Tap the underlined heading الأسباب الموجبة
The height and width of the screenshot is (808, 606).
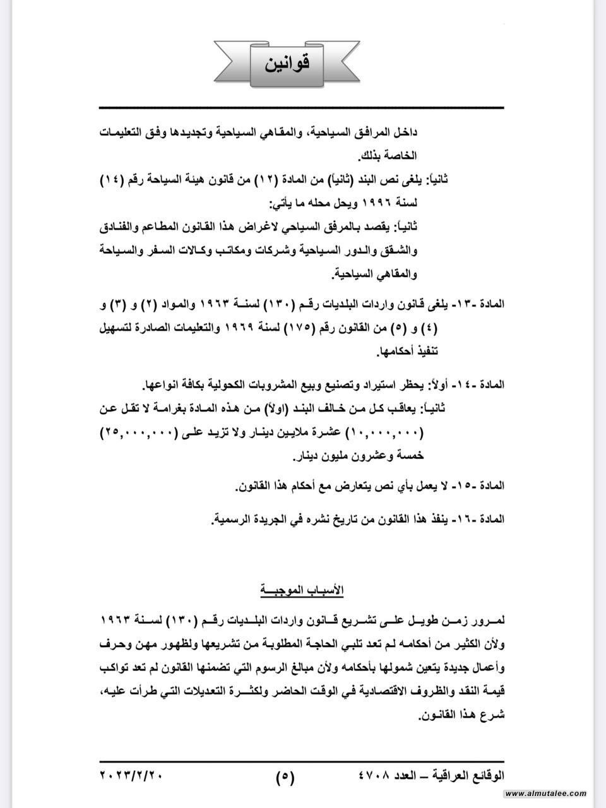[x=302, y=590]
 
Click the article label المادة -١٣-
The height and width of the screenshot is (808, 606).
[x=484, y=304]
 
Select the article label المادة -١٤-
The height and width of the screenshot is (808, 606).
[x=484, y=384]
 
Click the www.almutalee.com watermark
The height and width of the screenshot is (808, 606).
[x=546, y=793]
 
